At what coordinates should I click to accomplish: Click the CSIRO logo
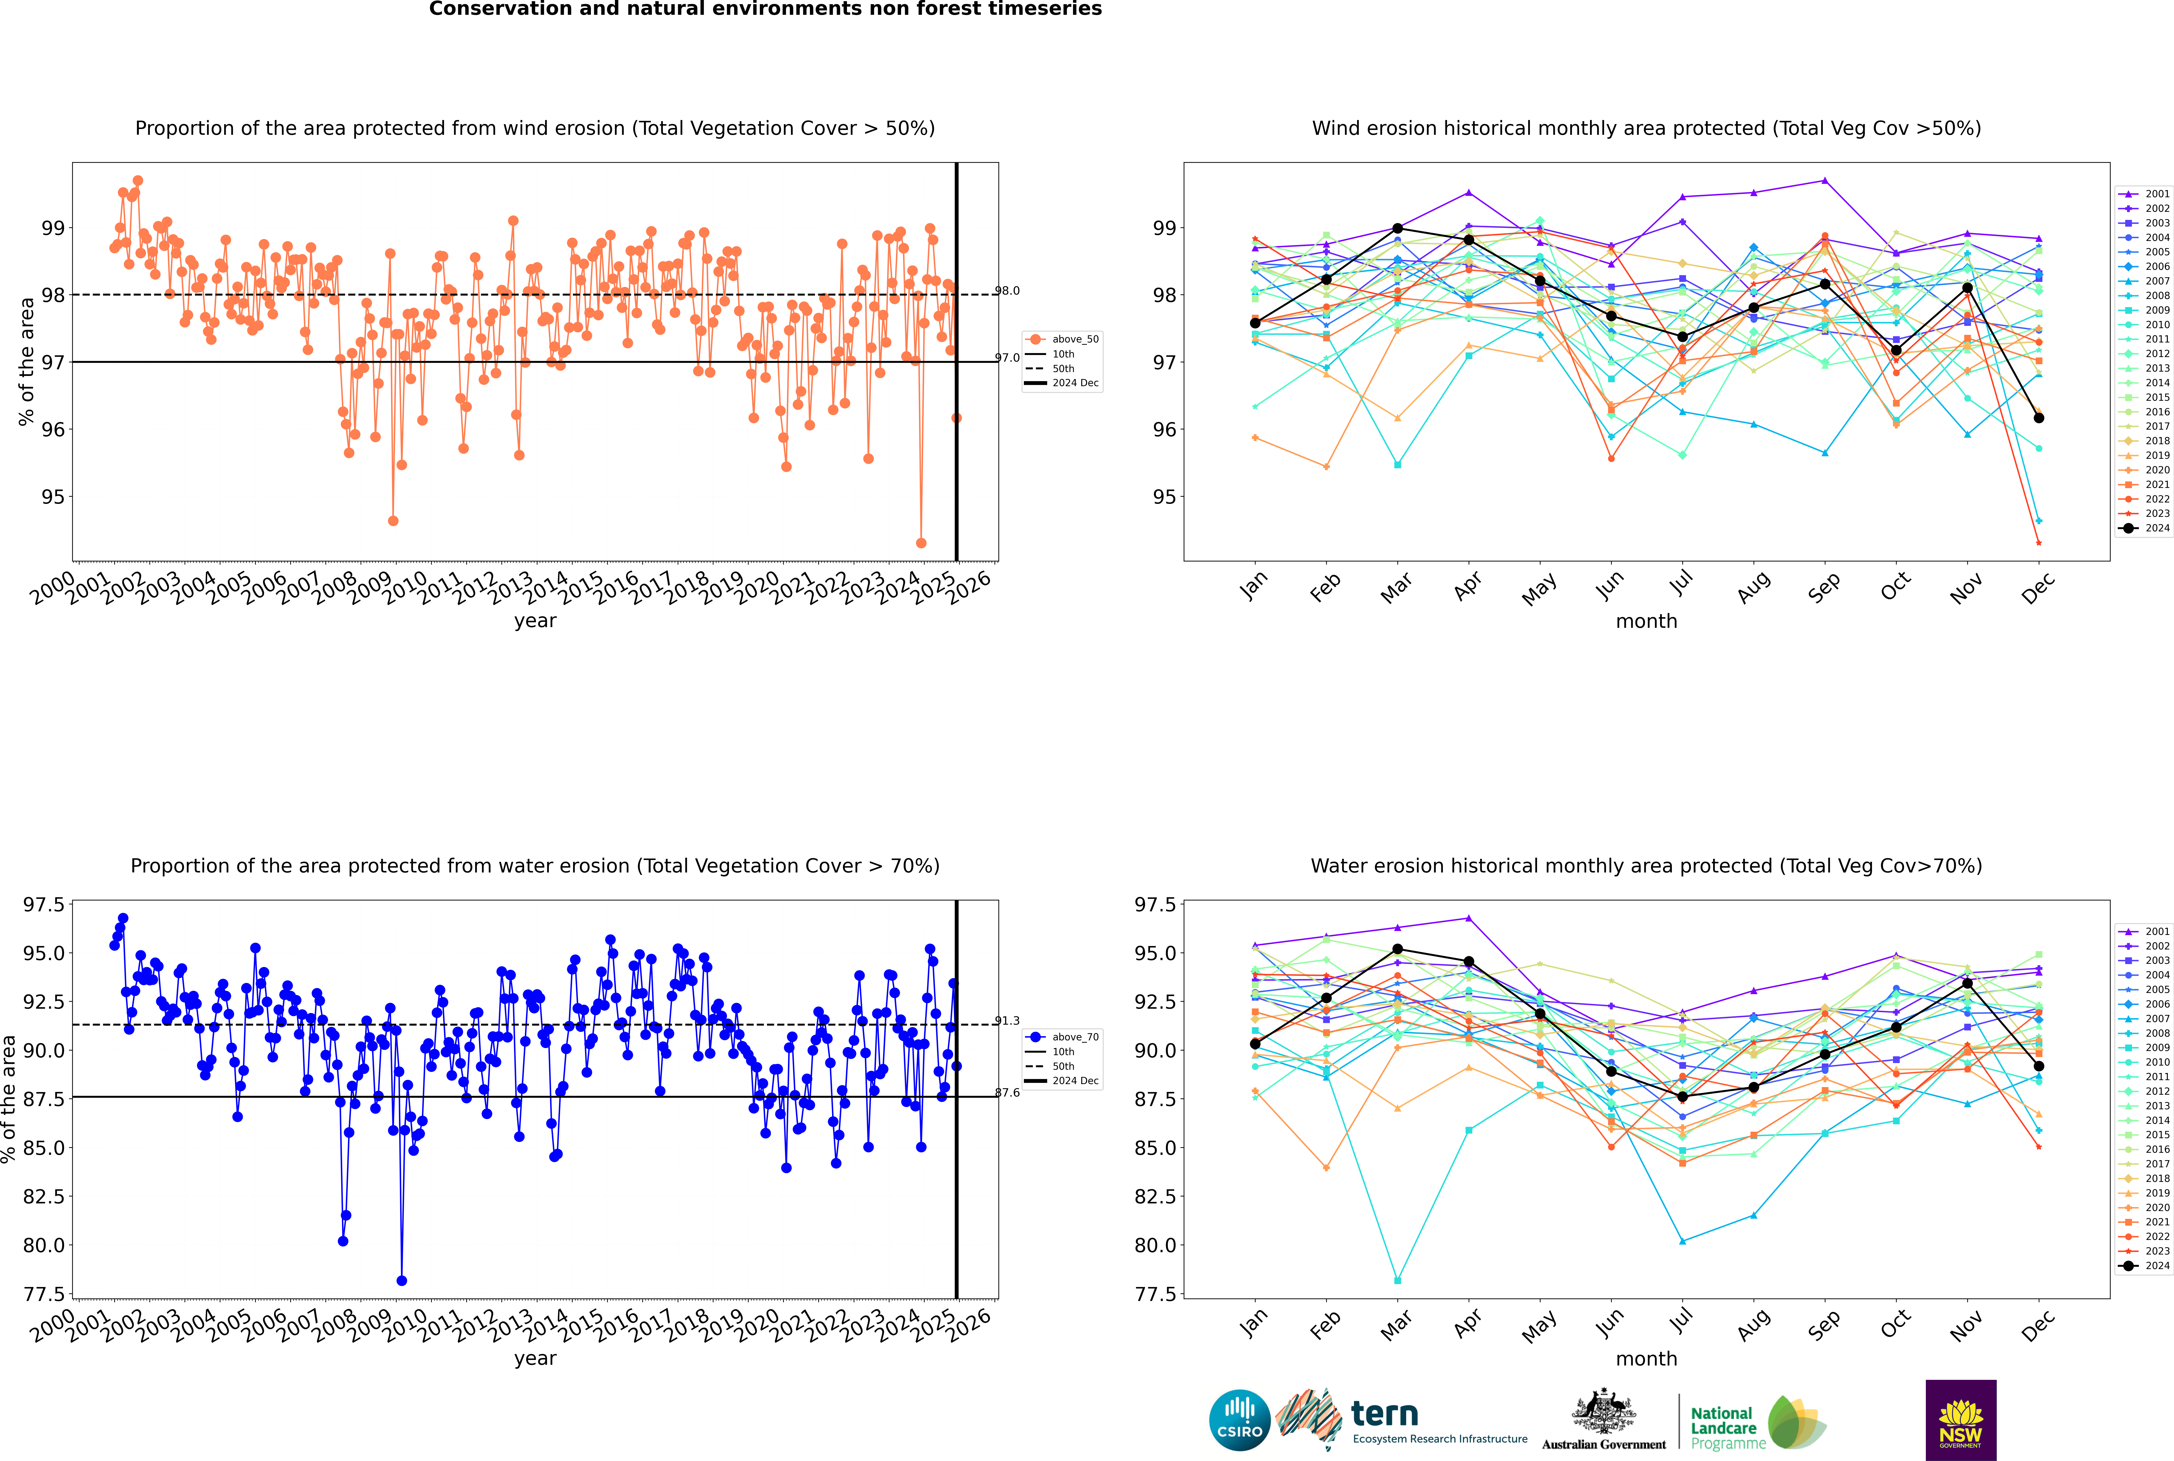1239,1420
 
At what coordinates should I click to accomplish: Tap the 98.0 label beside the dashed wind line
1007,291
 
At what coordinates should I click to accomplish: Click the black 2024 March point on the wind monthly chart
1398,228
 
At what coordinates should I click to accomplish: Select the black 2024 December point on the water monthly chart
2039,1066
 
